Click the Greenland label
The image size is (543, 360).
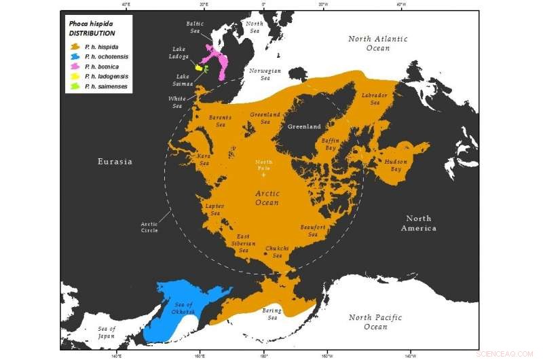pyautogui.click(x=303, y=126)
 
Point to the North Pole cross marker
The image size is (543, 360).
pyautogui.click(x=264, y=175)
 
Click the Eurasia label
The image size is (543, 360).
pyautogui.click(x=114, y=162)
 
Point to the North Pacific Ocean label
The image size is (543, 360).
pyautogui.click(x=375, y=322)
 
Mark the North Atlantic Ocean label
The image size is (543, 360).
pyautogui.click(x=378, y=43)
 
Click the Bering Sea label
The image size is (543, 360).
pyautogui.click(x=271, y=314)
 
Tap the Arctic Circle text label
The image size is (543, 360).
pyautogui.click(x=149, y=227)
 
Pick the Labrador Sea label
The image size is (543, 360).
pyautogui.click(x=375, y=98)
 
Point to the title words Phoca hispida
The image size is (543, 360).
pyautogui.click(x=91, y=23)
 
